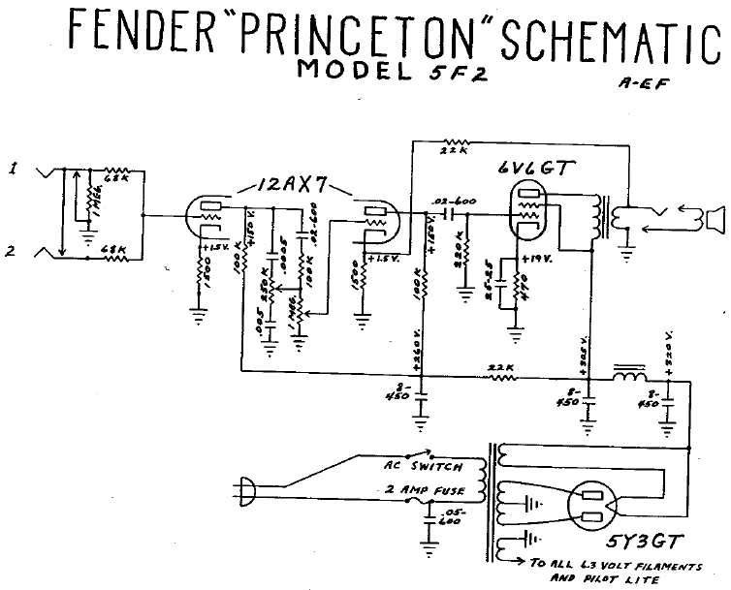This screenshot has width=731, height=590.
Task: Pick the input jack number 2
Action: coord(13,250)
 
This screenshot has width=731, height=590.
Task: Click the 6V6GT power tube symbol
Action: coord(527,212)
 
